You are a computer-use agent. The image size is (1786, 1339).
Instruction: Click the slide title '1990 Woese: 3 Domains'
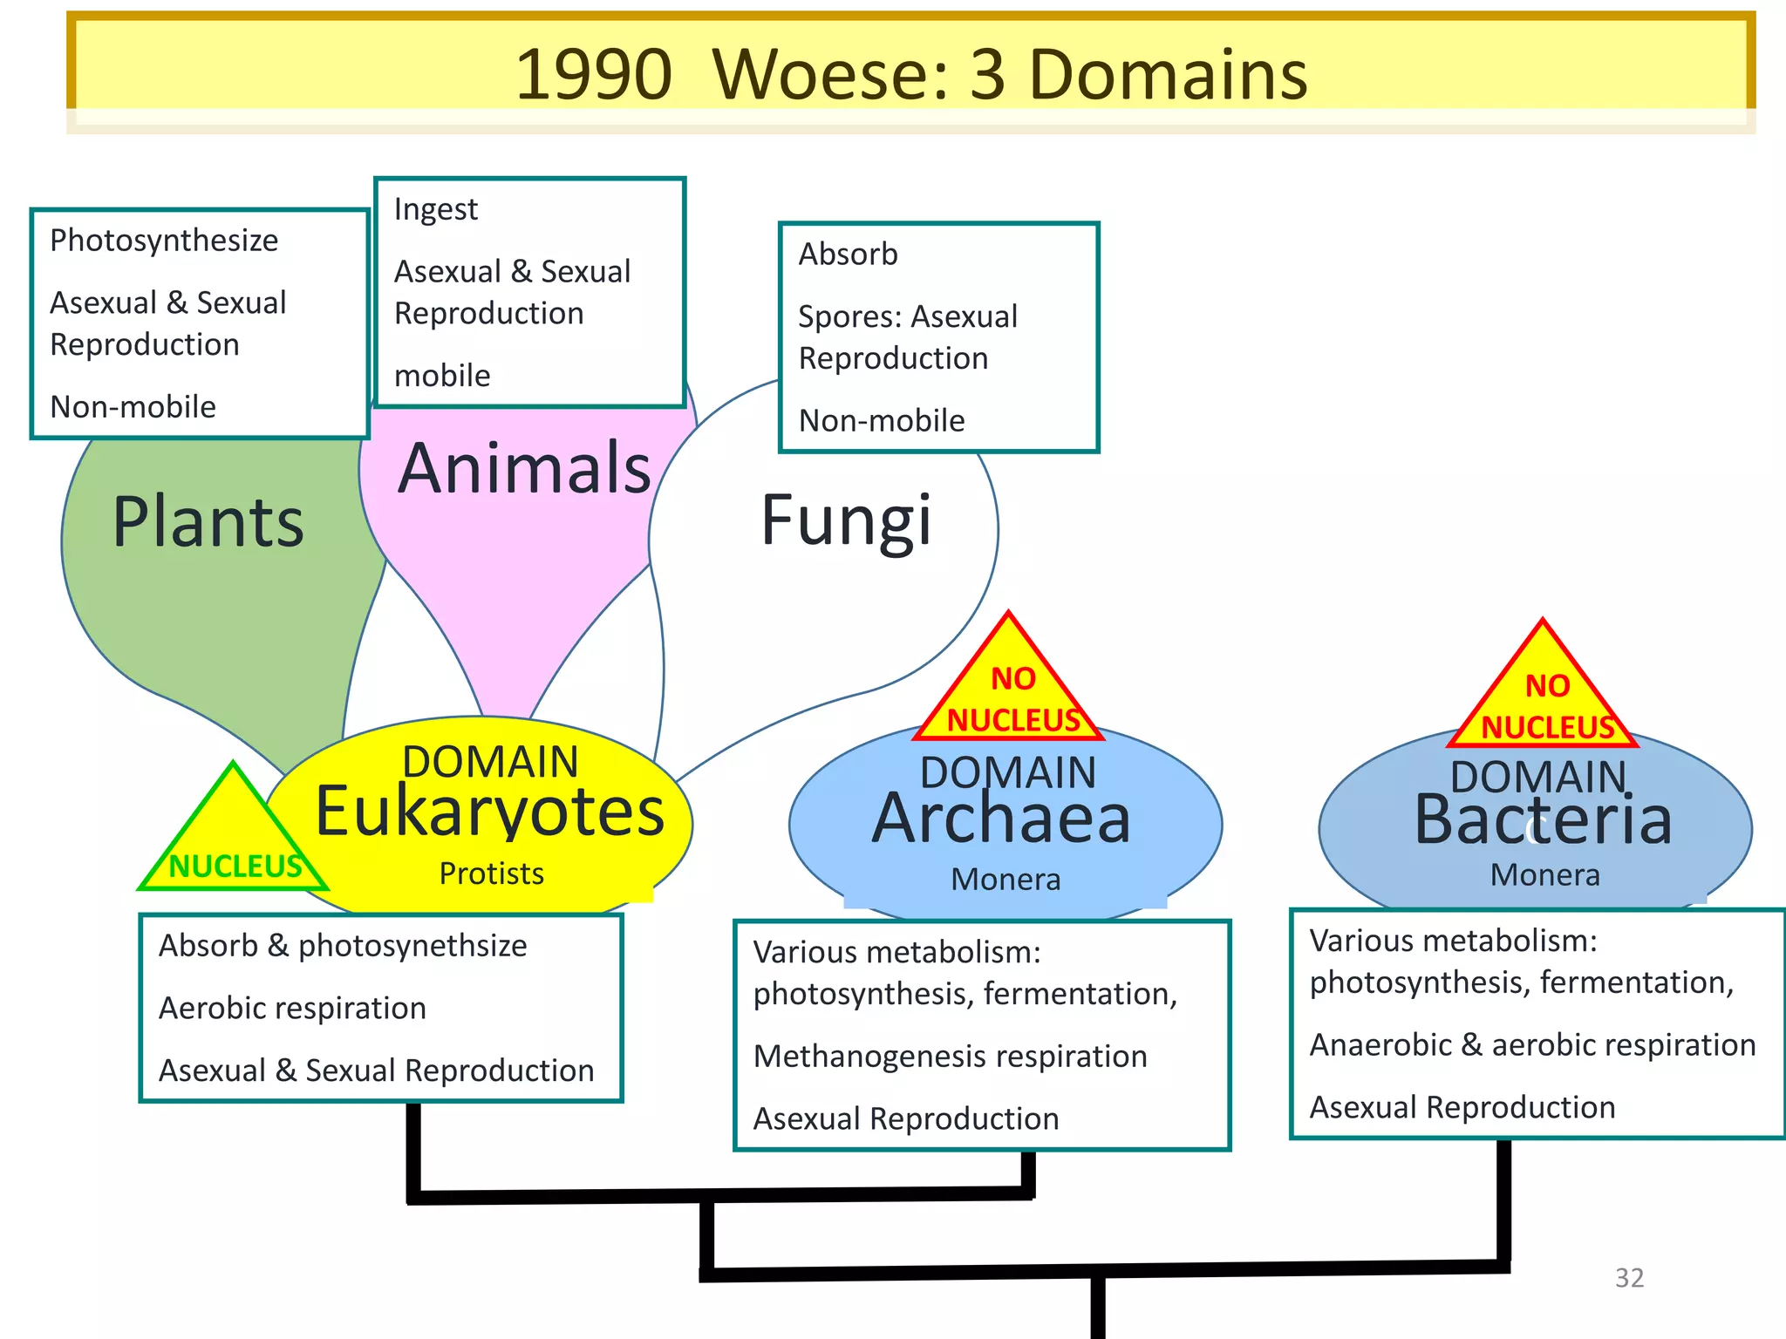tap(910, 74)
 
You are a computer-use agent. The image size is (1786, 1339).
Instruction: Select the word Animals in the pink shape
tap(525, 468)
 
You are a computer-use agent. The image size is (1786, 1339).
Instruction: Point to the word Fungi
tap(846, 520)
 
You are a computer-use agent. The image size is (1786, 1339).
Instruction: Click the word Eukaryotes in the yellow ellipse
tap(489, 812)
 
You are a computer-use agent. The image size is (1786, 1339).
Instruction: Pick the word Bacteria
tap(1543, 821)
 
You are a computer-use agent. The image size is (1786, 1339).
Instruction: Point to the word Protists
tap(491, 873)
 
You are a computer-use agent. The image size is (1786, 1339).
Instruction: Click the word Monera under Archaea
tap(1005, 880)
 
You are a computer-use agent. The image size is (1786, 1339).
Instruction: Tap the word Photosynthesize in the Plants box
tap(164, 241)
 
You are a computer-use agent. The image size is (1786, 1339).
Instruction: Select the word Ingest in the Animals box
tap(436, 209)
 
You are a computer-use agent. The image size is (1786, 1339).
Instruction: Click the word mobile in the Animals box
tap(442, 376)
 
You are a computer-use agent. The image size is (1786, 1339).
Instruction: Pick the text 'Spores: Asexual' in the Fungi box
tap(908, 316)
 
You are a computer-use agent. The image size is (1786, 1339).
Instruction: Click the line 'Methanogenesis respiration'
tap(950, 1057)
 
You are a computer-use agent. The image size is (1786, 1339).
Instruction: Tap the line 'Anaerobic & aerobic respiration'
tap(1532, 1045)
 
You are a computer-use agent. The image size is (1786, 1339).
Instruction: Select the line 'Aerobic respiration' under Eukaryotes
tap(292, 1009)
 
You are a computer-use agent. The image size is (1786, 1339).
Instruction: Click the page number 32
tap(1629, 1278)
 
